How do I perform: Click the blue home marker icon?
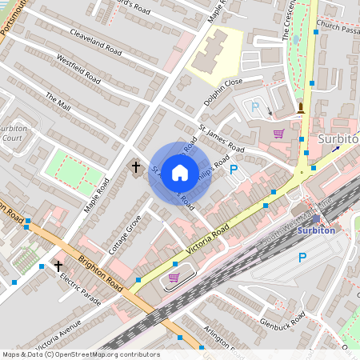click(x=180, y=172)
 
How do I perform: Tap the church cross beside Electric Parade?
click(x=58, y=266)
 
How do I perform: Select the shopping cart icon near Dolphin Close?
click(x=278, y=134)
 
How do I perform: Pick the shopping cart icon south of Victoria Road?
click(x=174, y=278)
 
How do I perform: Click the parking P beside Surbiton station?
click(x=302, y=258)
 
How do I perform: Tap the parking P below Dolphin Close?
click(x=255, y=106)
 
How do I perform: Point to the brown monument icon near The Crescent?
click(x=301, y=107)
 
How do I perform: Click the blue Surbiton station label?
click(x=316, y=230)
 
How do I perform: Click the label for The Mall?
click(x=58, y=102)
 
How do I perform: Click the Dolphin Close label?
click(x=222, y=82)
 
